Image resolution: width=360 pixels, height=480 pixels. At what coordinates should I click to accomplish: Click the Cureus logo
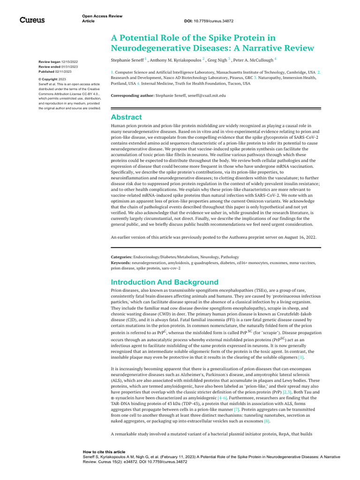point(32,20)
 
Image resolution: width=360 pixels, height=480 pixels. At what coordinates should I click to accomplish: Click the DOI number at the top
point(216,21)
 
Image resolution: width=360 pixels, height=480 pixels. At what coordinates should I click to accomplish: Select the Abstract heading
point(126,117)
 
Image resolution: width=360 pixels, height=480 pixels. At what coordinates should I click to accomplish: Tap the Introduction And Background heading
point(165,282)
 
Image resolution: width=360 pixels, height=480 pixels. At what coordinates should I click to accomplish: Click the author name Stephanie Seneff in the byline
point(127,60)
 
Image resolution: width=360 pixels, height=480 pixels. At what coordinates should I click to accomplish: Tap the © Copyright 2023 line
point(52,80)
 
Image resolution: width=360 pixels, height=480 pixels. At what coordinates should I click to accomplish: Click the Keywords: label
point(121,263)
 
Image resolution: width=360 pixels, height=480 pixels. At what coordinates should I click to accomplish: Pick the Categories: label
point(121,257)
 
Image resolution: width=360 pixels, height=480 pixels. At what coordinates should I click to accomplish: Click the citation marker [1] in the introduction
point(301,358)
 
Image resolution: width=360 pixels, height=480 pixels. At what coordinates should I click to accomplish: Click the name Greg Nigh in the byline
point(217,60)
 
